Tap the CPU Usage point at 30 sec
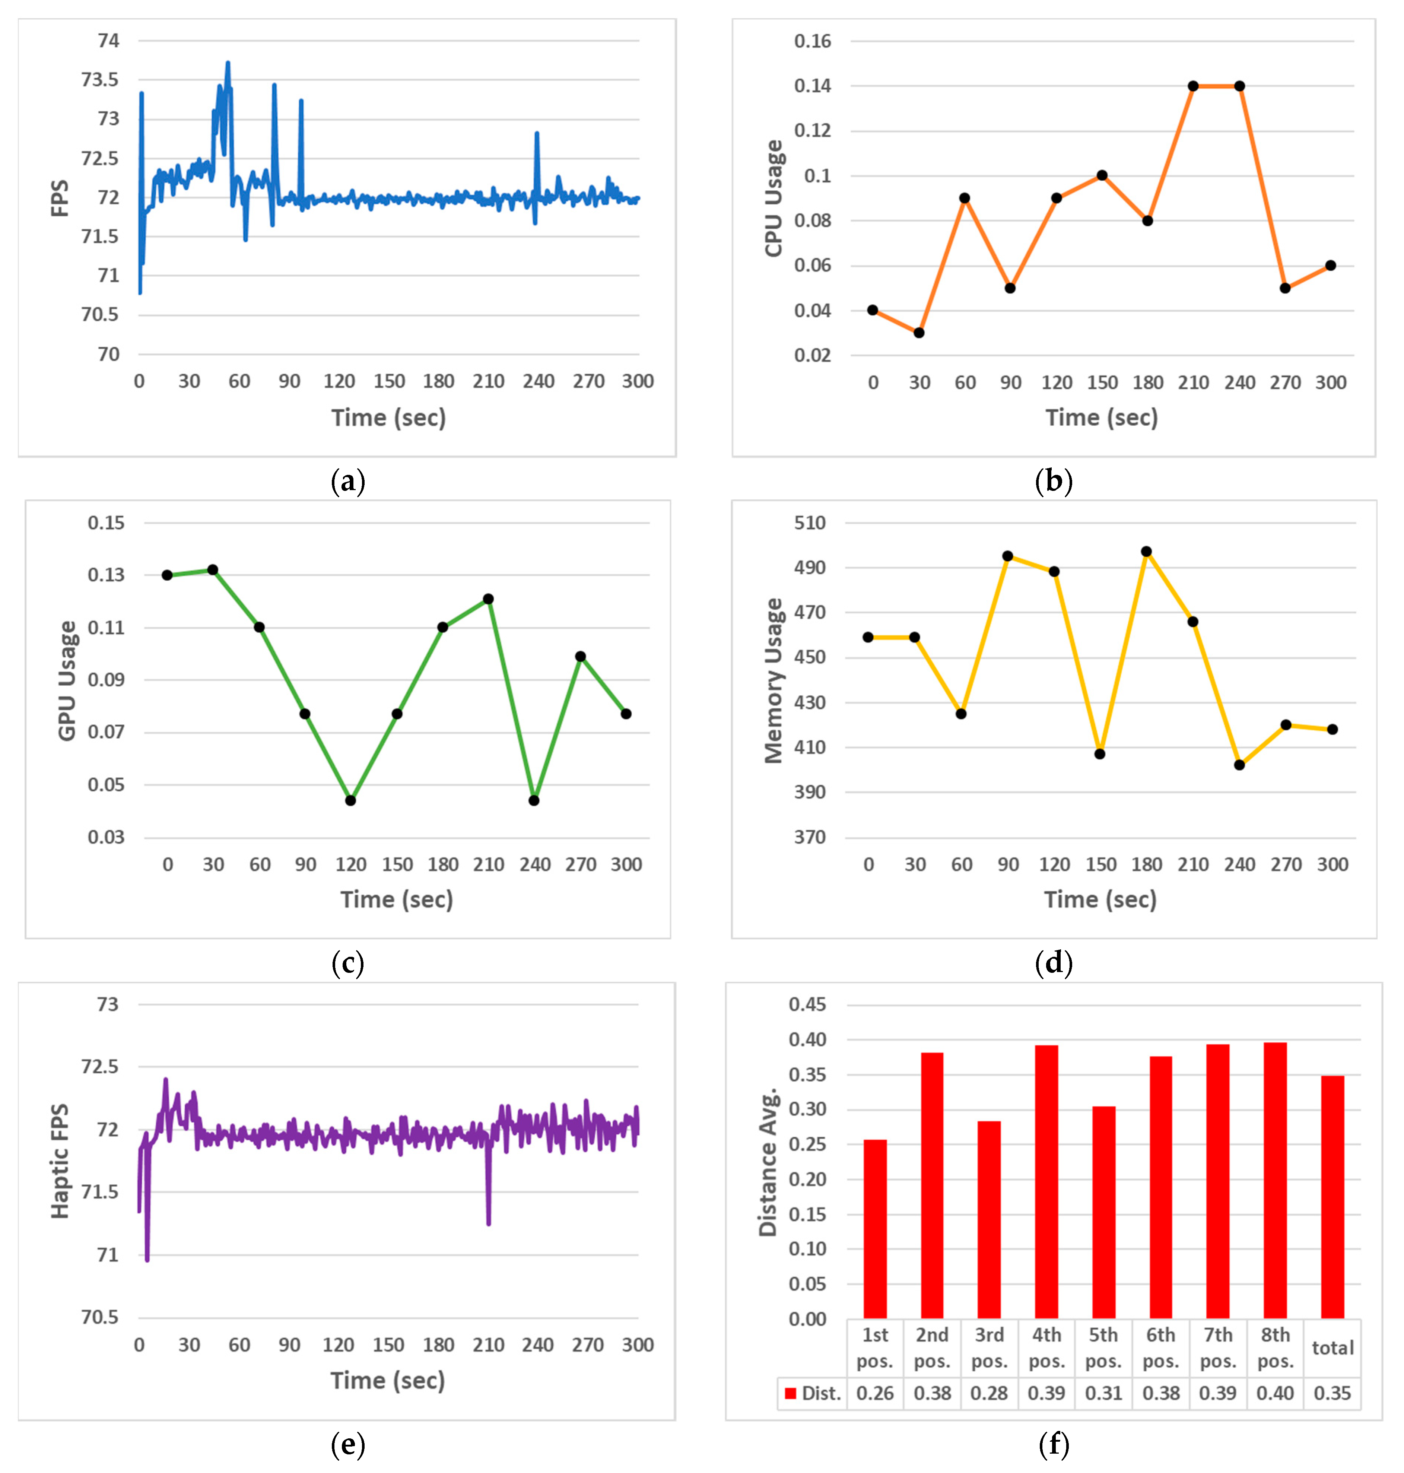(919, 332)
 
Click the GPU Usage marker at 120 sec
(350, 800)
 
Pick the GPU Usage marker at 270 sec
(580, 656)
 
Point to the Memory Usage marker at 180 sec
(1146, 552)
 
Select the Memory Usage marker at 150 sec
(1099, 754)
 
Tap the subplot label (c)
(347, 963)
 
